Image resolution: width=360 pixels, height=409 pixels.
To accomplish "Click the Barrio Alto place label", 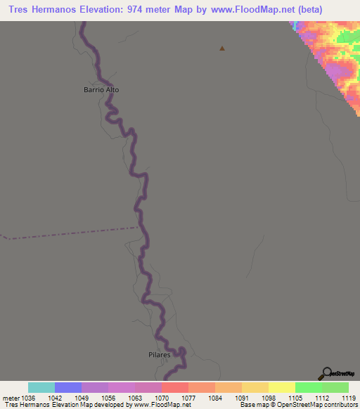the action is coord(102,90).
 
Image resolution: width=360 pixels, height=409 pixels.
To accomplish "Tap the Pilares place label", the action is coord(160,356).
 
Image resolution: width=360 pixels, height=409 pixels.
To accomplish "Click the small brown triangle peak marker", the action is coord(222,48).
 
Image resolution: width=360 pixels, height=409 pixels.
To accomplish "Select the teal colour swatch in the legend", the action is coord(41,387).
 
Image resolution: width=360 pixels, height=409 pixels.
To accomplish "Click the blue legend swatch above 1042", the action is coord(68,387).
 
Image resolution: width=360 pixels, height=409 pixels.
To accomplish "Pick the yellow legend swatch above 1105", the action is coord(282,387).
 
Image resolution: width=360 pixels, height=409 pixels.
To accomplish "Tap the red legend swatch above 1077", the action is coord(175,387).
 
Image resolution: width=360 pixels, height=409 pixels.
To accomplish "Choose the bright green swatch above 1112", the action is coord(309,387).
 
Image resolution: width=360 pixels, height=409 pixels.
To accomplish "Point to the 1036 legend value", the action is coord(29,398).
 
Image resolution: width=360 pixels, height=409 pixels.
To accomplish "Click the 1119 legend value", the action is coord(335,398).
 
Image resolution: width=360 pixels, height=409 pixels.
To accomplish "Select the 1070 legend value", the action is coord(162,398).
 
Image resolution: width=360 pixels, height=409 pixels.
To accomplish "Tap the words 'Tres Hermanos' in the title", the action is coord(41,10).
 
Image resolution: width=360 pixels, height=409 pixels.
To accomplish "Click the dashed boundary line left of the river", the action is coord(70,233).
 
